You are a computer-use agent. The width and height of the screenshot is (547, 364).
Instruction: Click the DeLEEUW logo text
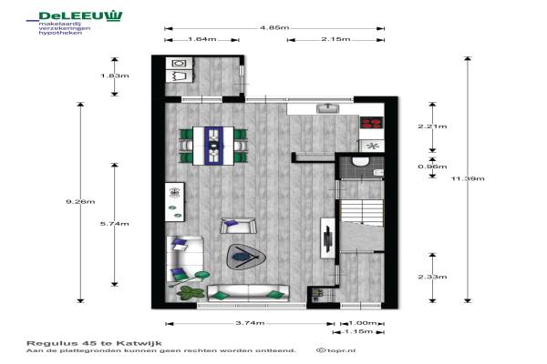click(80, 16)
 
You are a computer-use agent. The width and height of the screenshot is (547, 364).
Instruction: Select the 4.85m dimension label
click(274, 27)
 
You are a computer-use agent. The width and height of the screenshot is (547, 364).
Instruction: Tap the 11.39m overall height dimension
click(468, 178)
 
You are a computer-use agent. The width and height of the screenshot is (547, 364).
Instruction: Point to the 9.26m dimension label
click(80, 201)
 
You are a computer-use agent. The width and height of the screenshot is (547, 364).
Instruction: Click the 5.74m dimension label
click(115, 224)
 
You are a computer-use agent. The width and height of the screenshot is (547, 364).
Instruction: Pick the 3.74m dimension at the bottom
click(250, 323)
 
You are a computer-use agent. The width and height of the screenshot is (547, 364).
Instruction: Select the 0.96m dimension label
click(432, 167)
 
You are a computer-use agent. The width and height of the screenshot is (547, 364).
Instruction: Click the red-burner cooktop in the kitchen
click(372, 123)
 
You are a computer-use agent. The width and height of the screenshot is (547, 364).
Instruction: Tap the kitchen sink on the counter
click(327, 108)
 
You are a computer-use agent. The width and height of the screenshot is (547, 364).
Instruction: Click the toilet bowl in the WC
click(360, 162)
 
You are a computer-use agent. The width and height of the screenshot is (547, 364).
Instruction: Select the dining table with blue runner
click(213, 146)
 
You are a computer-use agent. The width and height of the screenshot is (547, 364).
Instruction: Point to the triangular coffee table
click(245, 257)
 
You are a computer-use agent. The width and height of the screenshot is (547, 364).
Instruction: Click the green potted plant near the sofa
click(191, 293)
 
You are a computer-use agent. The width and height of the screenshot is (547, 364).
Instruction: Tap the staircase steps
click(362, 211)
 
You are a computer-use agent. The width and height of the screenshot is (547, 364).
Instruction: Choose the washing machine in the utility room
click(179, 64)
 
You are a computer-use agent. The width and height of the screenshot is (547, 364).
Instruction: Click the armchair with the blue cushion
click(238, 226)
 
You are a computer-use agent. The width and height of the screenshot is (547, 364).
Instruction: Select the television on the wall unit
click(328, 239)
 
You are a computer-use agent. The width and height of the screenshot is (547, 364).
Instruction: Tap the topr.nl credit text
click(336, 350)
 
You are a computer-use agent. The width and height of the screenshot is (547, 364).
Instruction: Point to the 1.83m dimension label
click(115, 76)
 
